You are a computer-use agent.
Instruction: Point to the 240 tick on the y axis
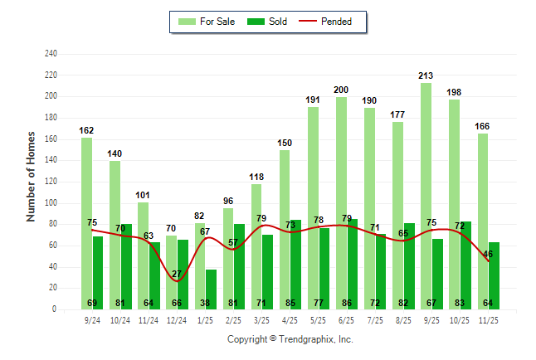pyautogui.click(x=51, y=54)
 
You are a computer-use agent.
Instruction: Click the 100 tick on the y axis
pyautogui.click(x=51, y=203)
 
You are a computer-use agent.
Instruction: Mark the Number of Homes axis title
pyautogui.click(x=31, y=177)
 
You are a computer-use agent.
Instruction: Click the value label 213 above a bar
pyautogui.click(x=426, y=75)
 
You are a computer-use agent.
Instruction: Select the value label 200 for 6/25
pyautogui.click(x=341, y=90)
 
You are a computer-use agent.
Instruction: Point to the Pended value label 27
pyautogui.click(x=177, y=274)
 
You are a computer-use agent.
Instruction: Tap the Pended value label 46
pyautogui.click(x=488, y=254)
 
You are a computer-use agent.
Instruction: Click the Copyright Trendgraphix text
pyautogui.click(x=290, y=339)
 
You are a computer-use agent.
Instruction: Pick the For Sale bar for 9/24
pyautogui.click(x=86, y=223)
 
